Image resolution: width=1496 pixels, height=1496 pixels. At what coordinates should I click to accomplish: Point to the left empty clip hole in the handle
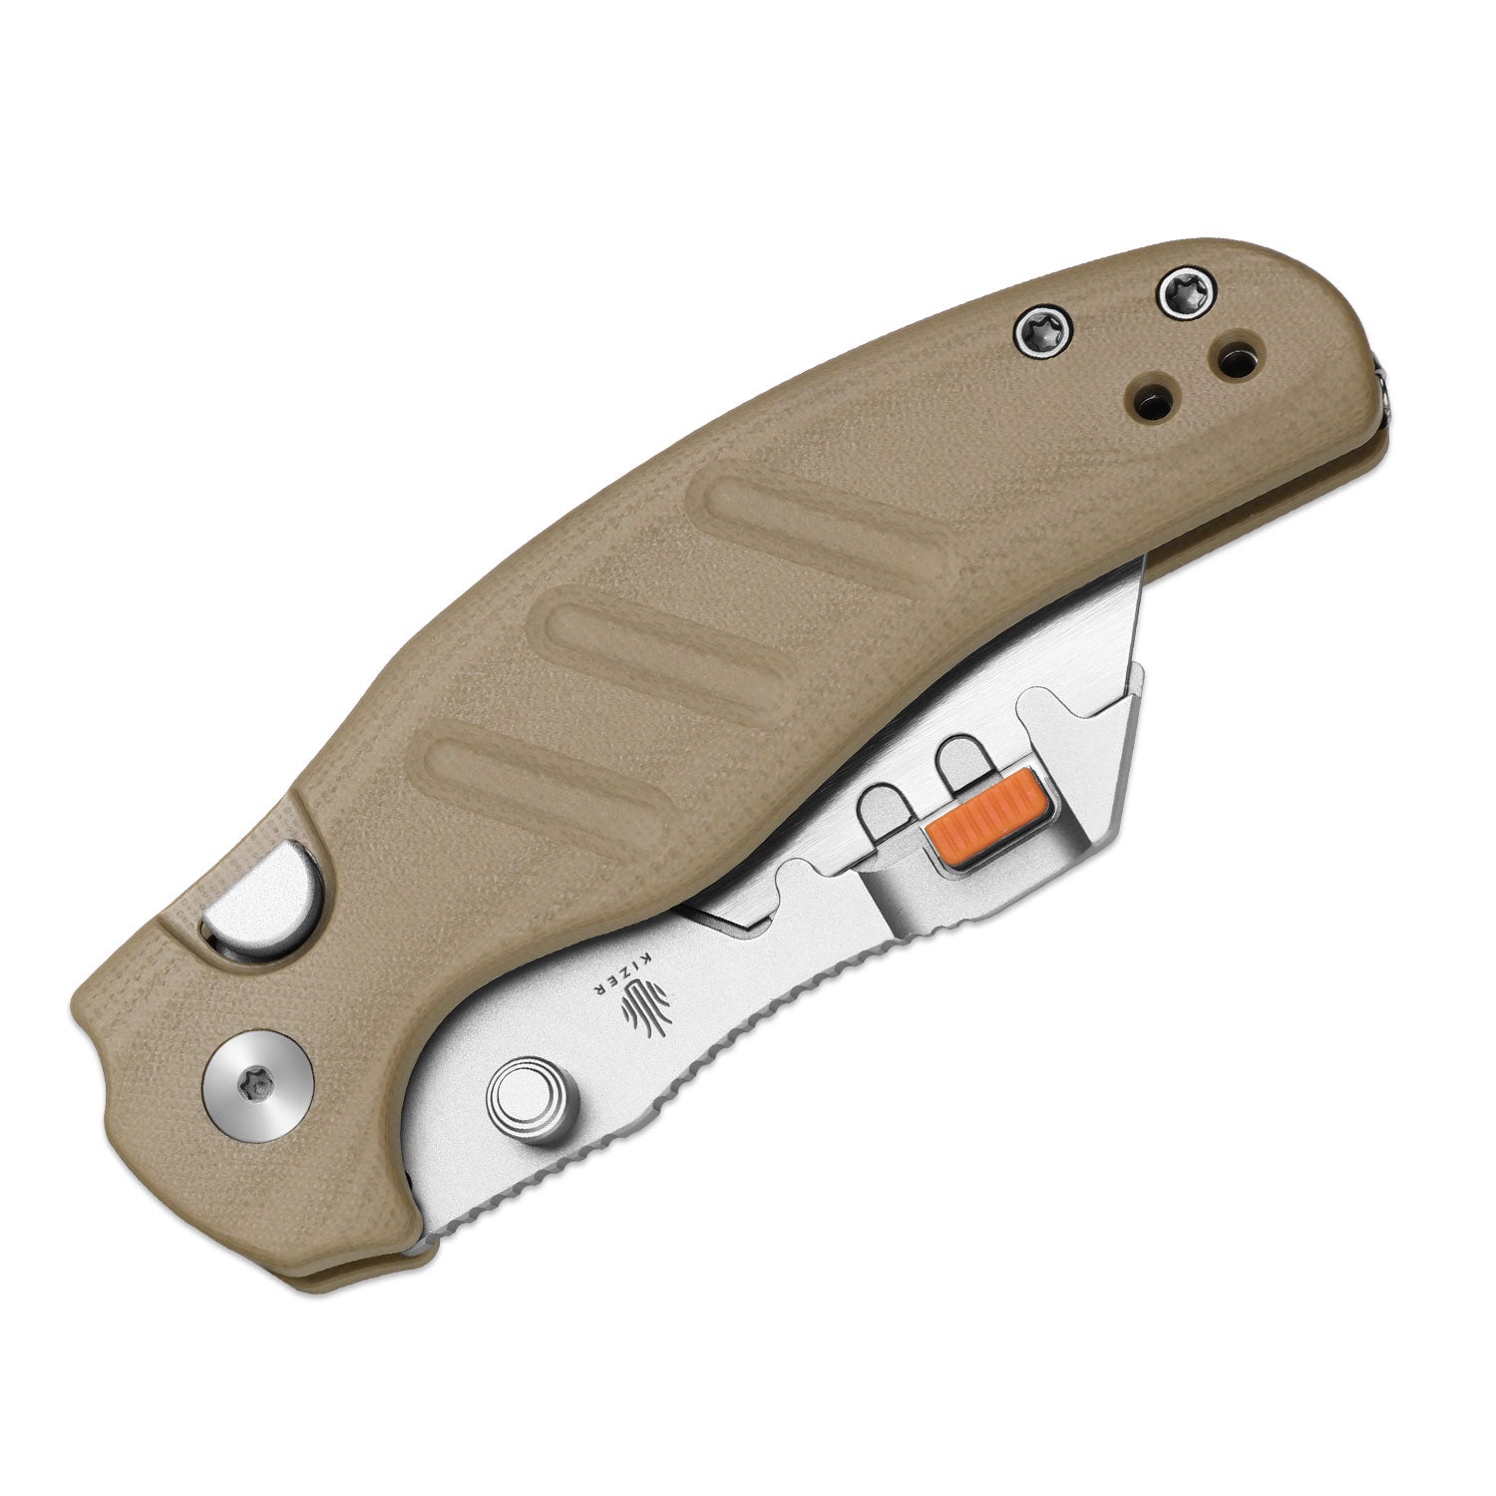(1157, 397)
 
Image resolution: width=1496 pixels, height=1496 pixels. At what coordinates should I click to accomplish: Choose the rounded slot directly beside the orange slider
(959, 768)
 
